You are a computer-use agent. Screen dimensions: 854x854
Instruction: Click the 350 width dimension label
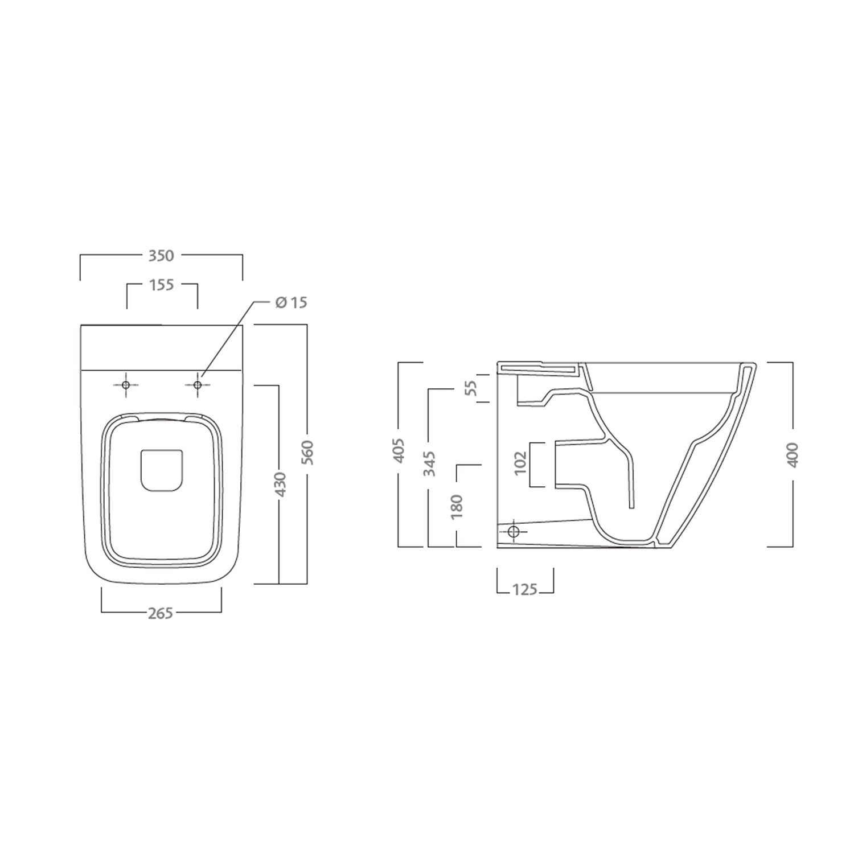[161, 256]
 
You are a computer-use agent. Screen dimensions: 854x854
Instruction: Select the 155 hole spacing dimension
[162, 285]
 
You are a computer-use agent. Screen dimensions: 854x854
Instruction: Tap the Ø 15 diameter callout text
[291, 302]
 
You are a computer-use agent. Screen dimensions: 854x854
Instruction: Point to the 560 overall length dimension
[308, 453]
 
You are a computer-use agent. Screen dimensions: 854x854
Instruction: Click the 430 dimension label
[280, 484]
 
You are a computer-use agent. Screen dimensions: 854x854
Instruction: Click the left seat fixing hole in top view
[126, 385]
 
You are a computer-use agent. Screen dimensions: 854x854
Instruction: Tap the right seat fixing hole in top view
[198, 385]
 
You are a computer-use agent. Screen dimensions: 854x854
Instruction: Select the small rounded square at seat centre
[162, 470]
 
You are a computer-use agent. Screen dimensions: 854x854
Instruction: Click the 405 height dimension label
[399, 450]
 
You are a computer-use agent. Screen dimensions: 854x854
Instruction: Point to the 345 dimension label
[429, 463]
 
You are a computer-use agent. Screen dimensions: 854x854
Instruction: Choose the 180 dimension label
[457, 507]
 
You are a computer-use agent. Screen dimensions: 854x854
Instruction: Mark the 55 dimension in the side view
[470, 388]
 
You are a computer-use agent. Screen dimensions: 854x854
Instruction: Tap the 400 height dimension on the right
[793, 454]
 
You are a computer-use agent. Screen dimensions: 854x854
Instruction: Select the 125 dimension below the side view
[524, 589]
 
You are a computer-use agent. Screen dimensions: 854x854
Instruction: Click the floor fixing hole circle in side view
[514, 532]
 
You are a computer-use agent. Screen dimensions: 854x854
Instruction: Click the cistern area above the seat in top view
[162, 347]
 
